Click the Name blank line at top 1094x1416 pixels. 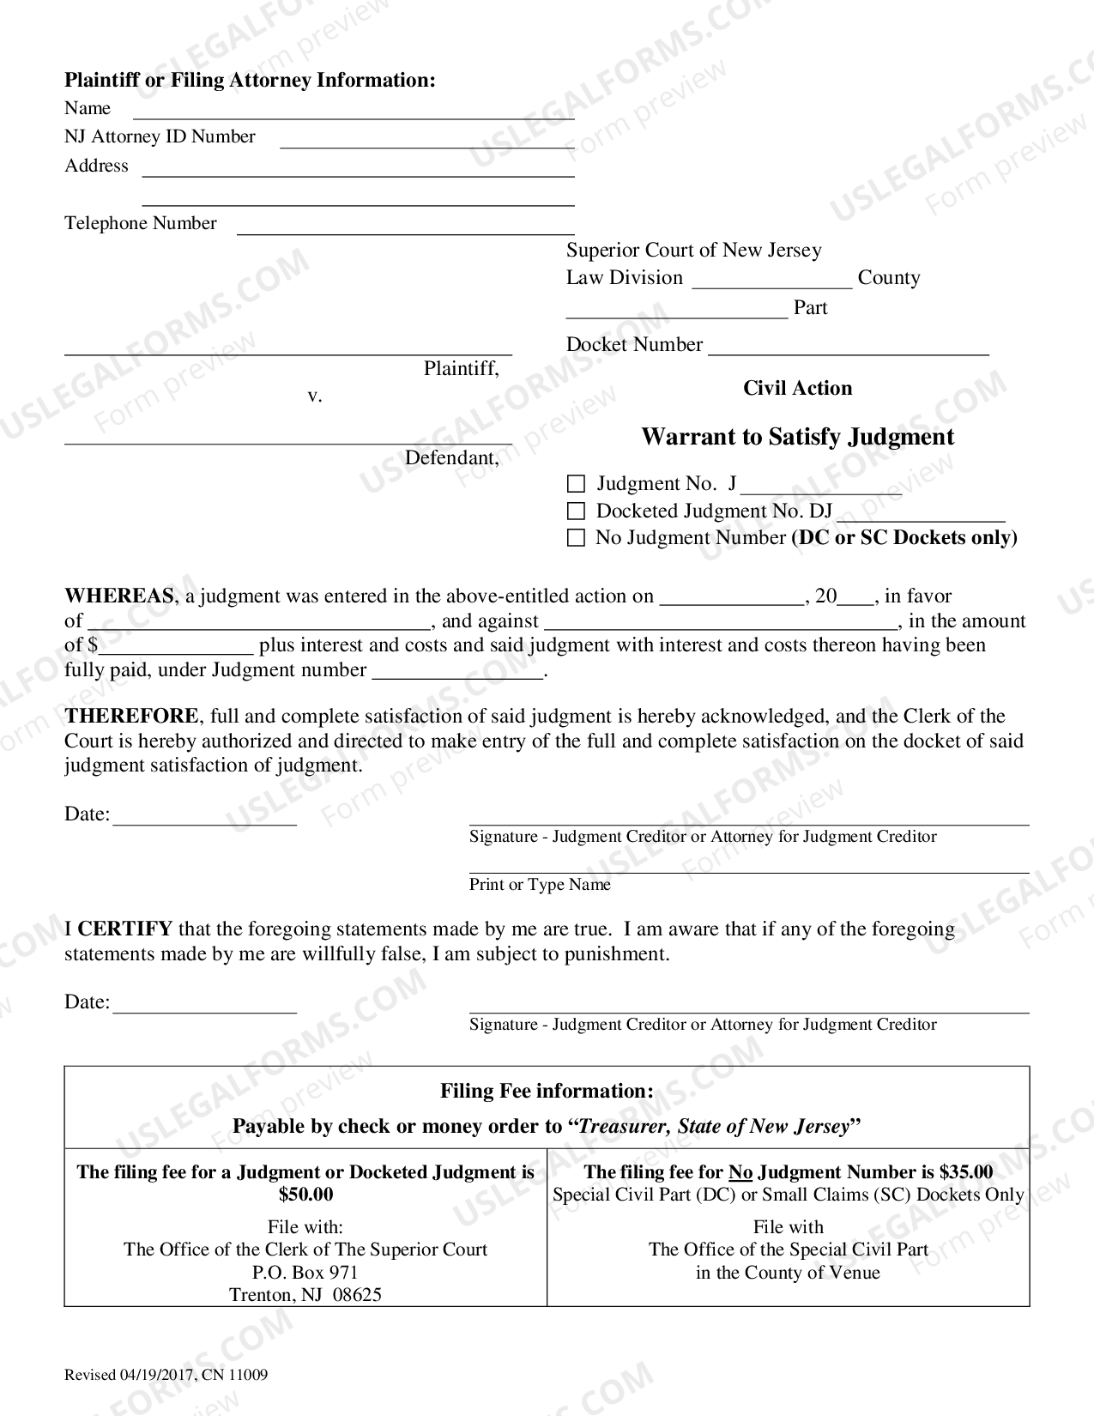(x=354, y=112)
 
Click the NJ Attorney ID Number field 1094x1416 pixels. (x=426, y=141)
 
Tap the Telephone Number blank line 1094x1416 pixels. (x=405, y=227)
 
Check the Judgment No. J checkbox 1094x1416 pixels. (x=577, y=484)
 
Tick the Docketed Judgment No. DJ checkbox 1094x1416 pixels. (x=577, y=511)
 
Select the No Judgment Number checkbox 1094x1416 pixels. (x=577, y=538)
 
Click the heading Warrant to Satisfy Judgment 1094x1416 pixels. (x=797, y=437)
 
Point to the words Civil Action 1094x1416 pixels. (x=797, y=388)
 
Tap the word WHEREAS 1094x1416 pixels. (x=118, y=596)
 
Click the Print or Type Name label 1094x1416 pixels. (x=540, y=885)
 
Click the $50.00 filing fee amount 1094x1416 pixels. (x=305, y=1194)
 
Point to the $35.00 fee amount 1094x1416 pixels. (x=966, y=1172)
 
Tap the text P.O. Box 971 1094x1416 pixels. (x=305, y=1272)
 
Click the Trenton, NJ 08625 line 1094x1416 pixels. (x=305, y=1294)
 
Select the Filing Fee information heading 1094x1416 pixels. (x=547, y=1091)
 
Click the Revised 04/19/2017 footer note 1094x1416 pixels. (x=166, y=1375)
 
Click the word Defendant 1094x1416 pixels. (x=450, y=457)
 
